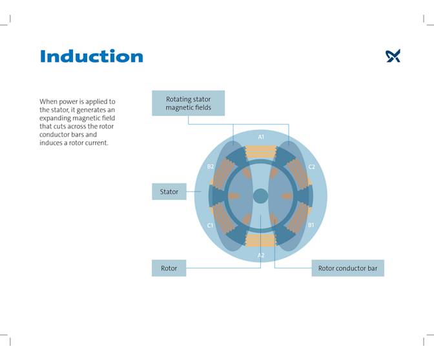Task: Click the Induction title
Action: [x=91, y=56]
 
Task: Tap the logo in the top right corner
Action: [x=393, y=56]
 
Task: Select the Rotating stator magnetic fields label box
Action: [x=188, y=103]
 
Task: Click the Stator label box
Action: [x=169, y=192]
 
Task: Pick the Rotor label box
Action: [x=169, y=268]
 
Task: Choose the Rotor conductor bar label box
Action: [x=347, y=268]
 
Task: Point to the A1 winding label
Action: [x=261, y=137]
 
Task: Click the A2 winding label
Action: [x=261, y=255]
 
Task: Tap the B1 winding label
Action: [x=311, y=225]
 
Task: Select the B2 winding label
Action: [x=211, y=166]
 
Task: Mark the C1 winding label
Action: [x=211, y=225]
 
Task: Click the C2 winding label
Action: [x=311, y=166]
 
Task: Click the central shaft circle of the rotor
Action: [x=261, y=196]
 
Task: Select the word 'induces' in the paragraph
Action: [x=52, y=143]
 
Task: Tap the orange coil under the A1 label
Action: [x=261, y=152]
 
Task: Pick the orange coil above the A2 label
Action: [x=261, y=239]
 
